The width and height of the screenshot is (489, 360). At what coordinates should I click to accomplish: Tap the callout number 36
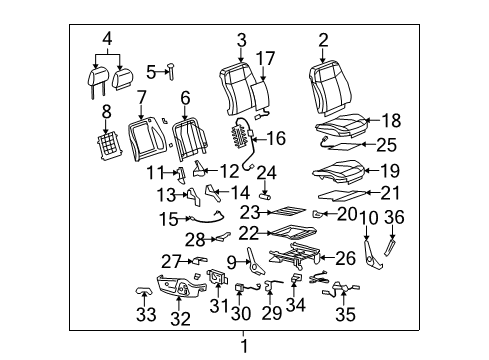click(396, 218)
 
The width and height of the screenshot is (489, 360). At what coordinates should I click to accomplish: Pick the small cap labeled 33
click(141, 290)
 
